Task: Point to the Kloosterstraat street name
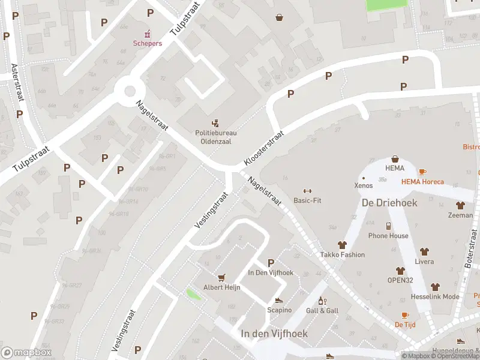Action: point(263,149)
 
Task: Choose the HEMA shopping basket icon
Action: point(395,159)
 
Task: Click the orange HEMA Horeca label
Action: point(422,182)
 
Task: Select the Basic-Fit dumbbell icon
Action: point(307,191)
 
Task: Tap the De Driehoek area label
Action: point(389,203)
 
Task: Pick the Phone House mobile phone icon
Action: point(388,226)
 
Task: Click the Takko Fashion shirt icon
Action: point(342,245)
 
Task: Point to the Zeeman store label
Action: point(460,215)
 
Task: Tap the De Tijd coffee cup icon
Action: point(405,315)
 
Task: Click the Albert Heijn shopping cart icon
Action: point(222,277)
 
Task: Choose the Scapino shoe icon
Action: point(279,300)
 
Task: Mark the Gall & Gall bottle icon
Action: point(322,301)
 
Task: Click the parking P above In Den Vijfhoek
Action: point(271,263)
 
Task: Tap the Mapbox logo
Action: point(26,352)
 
